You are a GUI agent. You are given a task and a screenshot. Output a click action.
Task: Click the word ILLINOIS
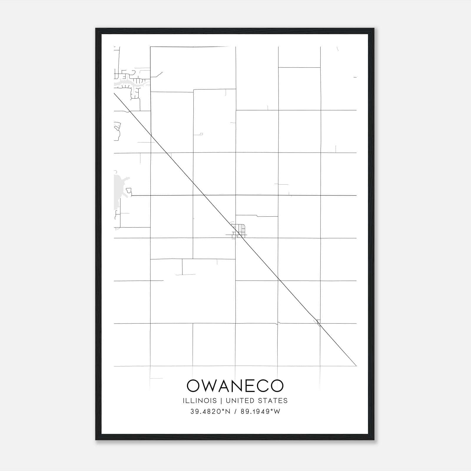tap(200, 401)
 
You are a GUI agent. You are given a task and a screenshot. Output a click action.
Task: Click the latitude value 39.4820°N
tap(210, 412)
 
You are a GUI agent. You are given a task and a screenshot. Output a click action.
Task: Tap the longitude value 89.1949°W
tap(261, 412)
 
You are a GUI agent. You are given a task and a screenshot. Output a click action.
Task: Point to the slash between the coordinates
tap(235, 412)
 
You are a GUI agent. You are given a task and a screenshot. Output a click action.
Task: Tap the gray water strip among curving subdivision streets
tap(127, 85)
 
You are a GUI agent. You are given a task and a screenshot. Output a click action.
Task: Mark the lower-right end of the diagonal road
tap(356, 366)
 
